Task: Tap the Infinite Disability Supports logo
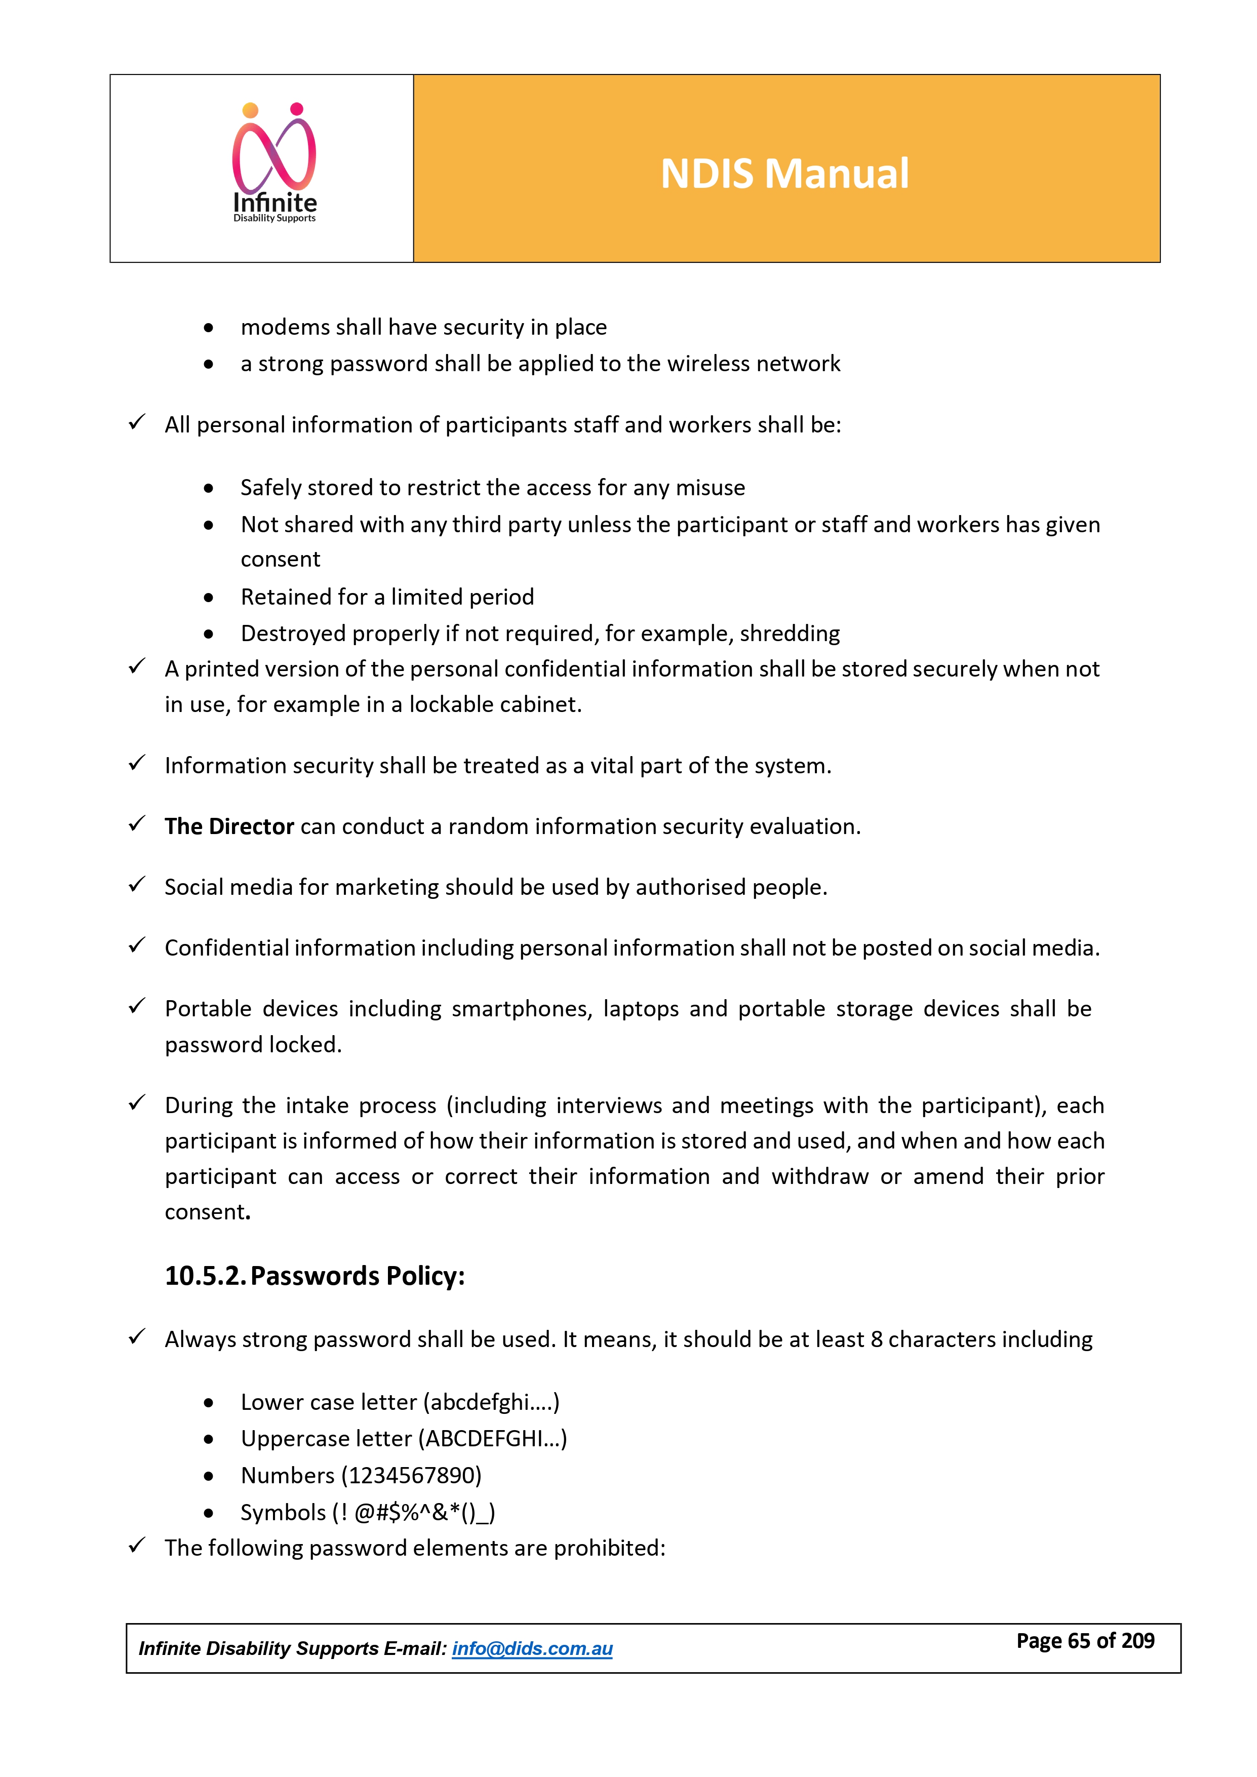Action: [x=275, y=164]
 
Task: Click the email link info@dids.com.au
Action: [x=532, y=1648]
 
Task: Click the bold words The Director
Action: [x=229, y=826]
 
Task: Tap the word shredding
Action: [x=790, y=634]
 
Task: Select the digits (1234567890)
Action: [x=412, y=1475]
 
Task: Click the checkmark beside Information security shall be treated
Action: [x=137, y=764]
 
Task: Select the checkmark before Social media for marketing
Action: [x=137, y=885]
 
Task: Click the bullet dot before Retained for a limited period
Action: [x=208, y=598]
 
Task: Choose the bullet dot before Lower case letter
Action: [x=208, y=1403]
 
